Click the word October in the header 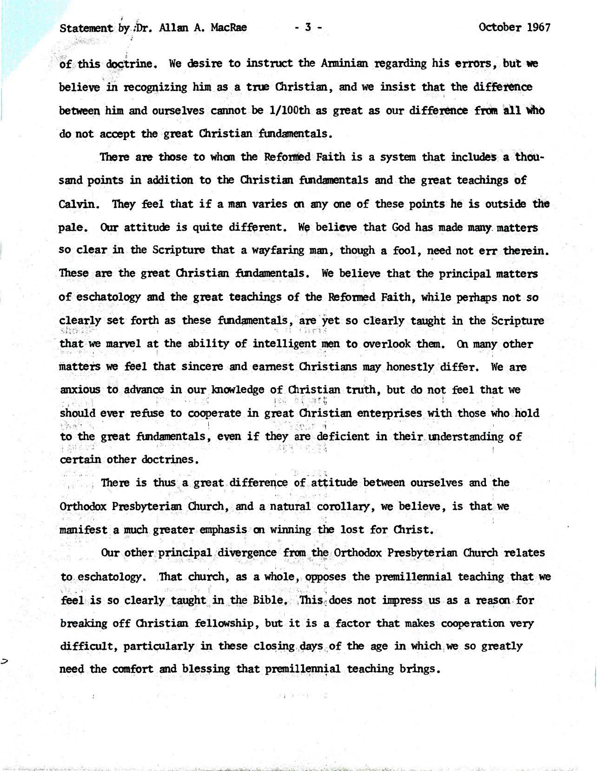501,27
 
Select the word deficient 343,437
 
